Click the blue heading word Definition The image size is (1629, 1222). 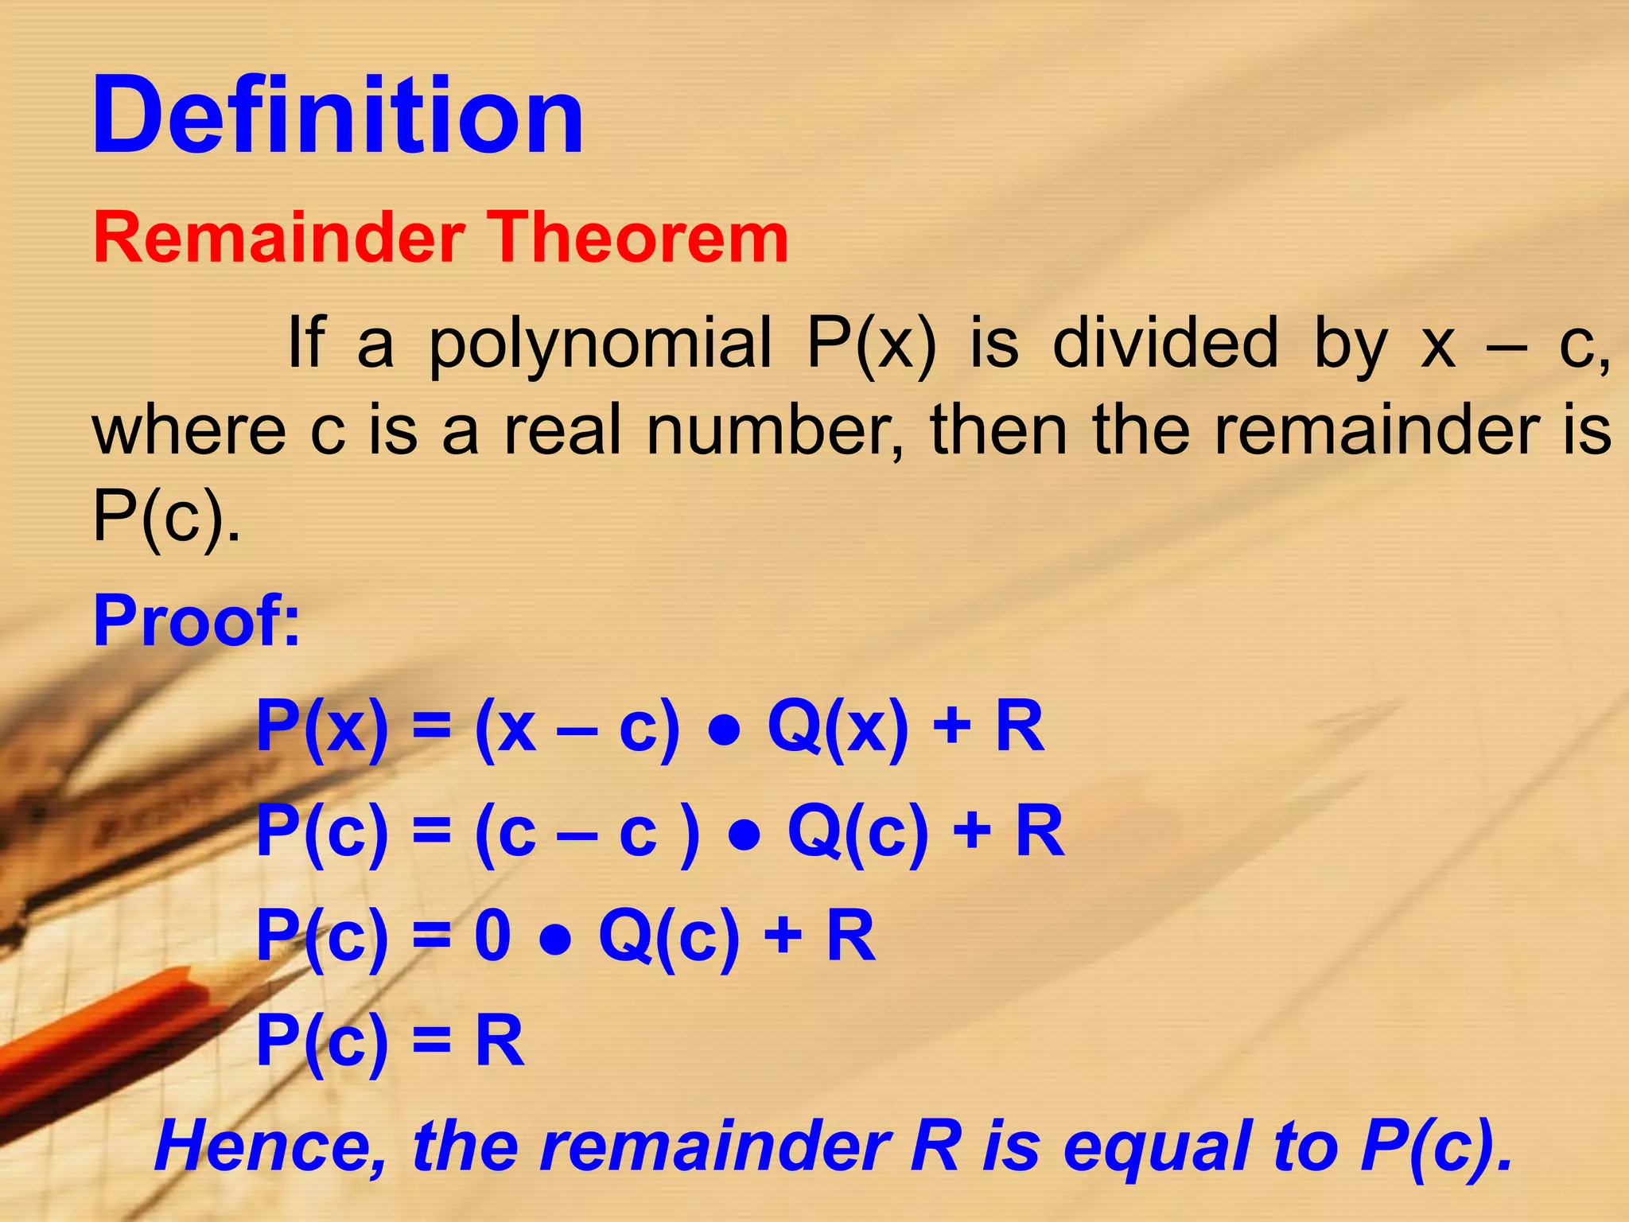coord(338,115)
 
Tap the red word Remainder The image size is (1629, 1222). coord(279,238)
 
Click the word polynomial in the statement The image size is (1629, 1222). coord(600,344)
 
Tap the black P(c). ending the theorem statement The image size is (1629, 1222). coord(165,517)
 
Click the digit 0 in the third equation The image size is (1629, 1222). coord(492,936)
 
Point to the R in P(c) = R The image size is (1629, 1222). coord(500,1041)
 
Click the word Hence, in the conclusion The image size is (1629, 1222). coord(270,1146)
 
